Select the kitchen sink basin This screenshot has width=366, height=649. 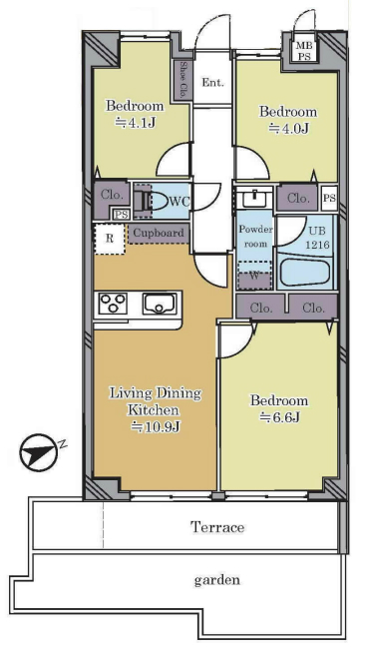click(x=160, y=304)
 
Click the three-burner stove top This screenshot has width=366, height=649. click(x=113, y=303)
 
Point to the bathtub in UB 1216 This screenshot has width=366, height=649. click(x=305, y=272)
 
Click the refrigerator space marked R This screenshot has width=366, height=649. click(x=110, y=239)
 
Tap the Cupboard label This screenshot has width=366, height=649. click(x=159, y=233)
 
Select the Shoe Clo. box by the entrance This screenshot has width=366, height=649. click(x=183, y=80)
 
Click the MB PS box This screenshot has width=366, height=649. click(x=304, y=51)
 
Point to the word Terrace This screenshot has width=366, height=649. click(x=217, y=527)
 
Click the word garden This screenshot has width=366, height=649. click(x=217, y=580)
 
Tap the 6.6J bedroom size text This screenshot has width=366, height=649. click(x=279, y=418)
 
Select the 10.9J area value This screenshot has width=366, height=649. click(x=156, y=426)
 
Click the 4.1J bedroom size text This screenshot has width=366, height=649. click(x=136, y=123)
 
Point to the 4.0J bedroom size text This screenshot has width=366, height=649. click(x=288, y=129)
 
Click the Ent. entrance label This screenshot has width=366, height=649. click(x=212, y=82)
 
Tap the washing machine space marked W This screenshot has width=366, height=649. click(x=254, y=276)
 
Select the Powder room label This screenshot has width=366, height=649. click(x=255, y=237)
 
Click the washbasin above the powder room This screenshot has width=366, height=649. click(x=254, y=199)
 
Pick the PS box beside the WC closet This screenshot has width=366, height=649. click(x=122, y=214)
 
